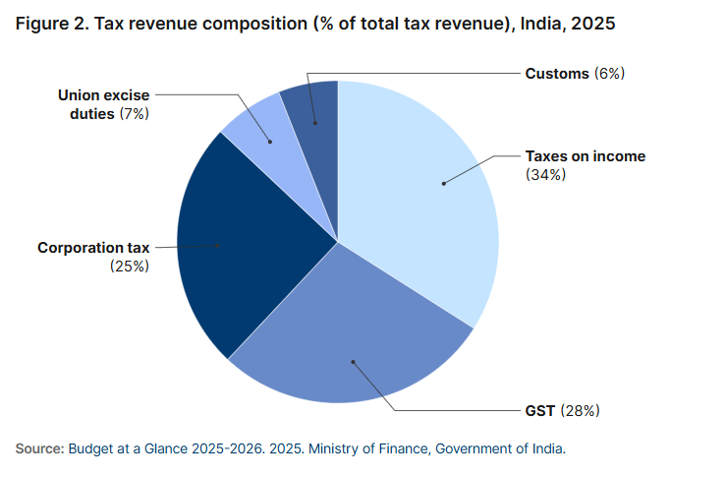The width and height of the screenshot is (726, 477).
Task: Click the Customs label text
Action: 557,74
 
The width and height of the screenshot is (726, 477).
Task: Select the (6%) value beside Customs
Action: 610,74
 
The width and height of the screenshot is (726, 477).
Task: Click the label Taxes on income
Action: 585,156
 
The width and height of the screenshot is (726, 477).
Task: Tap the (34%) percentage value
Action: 545,175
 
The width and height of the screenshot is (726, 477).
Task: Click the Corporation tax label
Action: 93,248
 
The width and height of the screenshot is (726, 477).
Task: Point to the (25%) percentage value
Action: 130,267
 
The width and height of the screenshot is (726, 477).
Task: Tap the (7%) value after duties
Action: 136,114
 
